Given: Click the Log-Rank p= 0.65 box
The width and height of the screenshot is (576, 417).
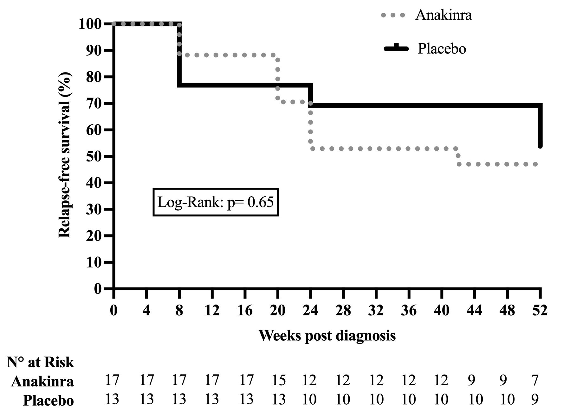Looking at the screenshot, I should (x=216, y=202).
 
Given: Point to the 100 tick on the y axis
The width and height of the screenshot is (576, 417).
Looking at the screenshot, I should (x=94, y=24).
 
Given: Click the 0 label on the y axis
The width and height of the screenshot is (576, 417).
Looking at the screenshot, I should (x=98, y=289).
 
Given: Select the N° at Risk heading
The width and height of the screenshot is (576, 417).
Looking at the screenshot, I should (x=40, y=362).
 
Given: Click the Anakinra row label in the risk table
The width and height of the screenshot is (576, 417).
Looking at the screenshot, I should (x=42, y=382).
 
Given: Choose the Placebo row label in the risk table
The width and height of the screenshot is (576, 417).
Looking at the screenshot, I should (x=49, y=401).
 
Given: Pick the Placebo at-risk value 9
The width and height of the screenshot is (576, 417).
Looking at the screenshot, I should (x=535, y=400).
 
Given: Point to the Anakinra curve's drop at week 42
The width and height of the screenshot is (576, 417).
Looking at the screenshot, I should (x=458, y=156).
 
